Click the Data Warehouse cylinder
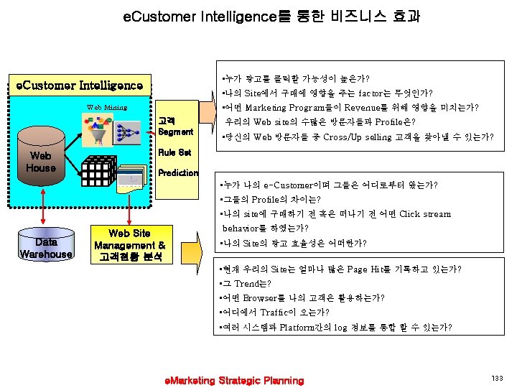(x=46, y=247)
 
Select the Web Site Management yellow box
(x=129, y=244)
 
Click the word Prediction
(x=178, y=173)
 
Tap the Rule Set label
(x=174, y=152)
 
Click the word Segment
(x=175, y=132)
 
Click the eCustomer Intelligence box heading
(x=80, y=86)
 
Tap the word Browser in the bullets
(x=264, y=297)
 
